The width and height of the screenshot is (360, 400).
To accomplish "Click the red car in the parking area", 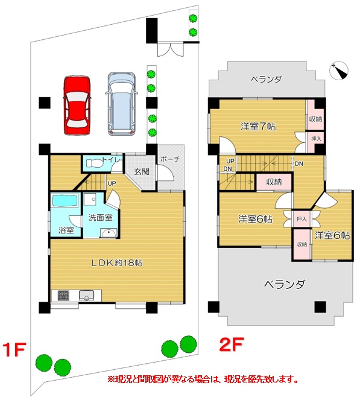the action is [77, 105].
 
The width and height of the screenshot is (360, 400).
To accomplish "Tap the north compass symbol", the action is [339, 71].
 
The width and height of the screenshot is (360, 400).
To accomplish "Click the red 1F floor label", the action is [14, 349].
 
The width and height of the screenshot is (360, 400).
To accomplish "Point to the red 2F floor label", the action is [232, 344].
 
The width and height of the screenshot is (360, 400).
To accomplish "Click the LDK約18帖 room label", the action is [117, 263].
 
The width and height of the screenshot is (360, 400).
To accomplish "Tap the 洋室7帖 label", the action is [258, 126].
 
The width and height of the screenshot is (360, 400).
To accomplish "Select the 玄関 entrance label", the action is [142, 171].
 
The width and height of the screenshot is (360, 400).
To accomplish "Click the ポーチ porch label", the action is [170, 159].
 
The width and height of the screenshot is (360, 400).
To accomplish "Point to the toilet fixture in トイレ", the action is [93, 163].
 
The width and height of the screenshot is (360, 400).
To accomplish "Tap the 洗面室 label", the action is [101, 218].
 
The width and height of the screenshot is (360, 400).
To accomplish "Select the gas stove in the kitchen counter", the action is [63, 296].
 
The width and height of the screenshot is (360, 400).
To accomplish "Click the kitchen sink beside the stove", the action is [86, 296].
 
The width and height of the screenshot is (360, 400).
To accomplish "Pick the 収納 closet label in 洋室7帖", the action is [315, 119].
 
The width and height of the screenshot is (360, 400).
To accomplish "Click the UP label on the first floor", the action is [112, 183].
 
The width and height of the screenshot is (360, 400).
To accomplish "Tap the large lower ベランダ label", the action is [285, 284].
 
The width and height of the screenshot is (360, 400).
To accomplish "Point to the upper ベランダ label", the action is [266, 80].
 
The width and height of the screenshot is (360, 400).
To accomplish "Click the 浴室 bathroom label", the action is [66, 230].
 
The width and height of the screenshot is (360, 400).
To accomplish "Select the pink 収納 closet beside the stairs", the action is [274, 182].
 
